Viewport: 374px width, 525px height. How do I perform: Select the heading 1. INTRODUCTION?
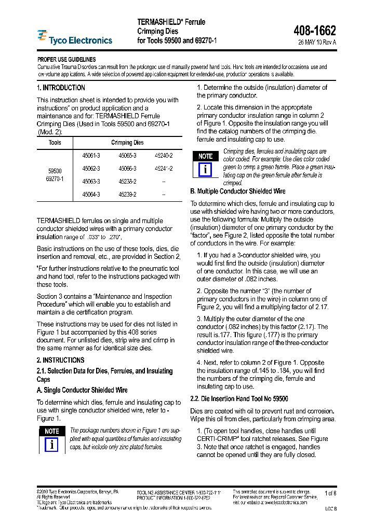61,88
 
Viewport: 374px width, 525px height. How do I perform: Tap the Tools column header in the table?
55,143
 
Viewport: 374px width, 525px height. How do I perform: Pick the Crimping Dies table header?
127,143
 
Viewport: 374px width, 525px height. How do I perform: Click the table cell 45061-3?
91,156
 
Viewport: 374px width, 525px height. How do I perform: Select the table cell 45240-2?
164,156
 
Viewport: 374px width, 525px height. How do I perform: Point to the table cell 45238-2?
127,182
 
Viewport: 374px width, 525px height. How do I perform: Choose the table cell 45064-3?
91,195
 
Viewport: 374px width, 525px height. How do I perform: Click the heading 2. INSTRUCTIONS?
60,360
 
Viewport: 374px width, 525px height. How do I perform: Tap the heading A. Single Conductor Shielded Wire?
82,390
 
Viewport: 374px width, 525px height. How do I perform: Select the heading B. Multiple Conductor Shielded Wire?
238,191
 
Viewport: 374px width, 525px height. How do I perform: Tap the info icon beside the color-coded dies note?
205,170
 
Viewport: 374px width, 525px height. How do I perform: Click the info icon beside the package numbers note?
51,445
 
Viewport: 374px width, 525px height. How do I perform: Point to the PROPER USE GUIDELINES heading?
66,60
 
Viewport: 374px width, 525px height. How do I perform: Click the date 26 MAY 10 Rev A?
317,43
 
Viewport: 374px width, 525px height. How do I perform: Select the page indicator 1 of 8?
330,493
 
